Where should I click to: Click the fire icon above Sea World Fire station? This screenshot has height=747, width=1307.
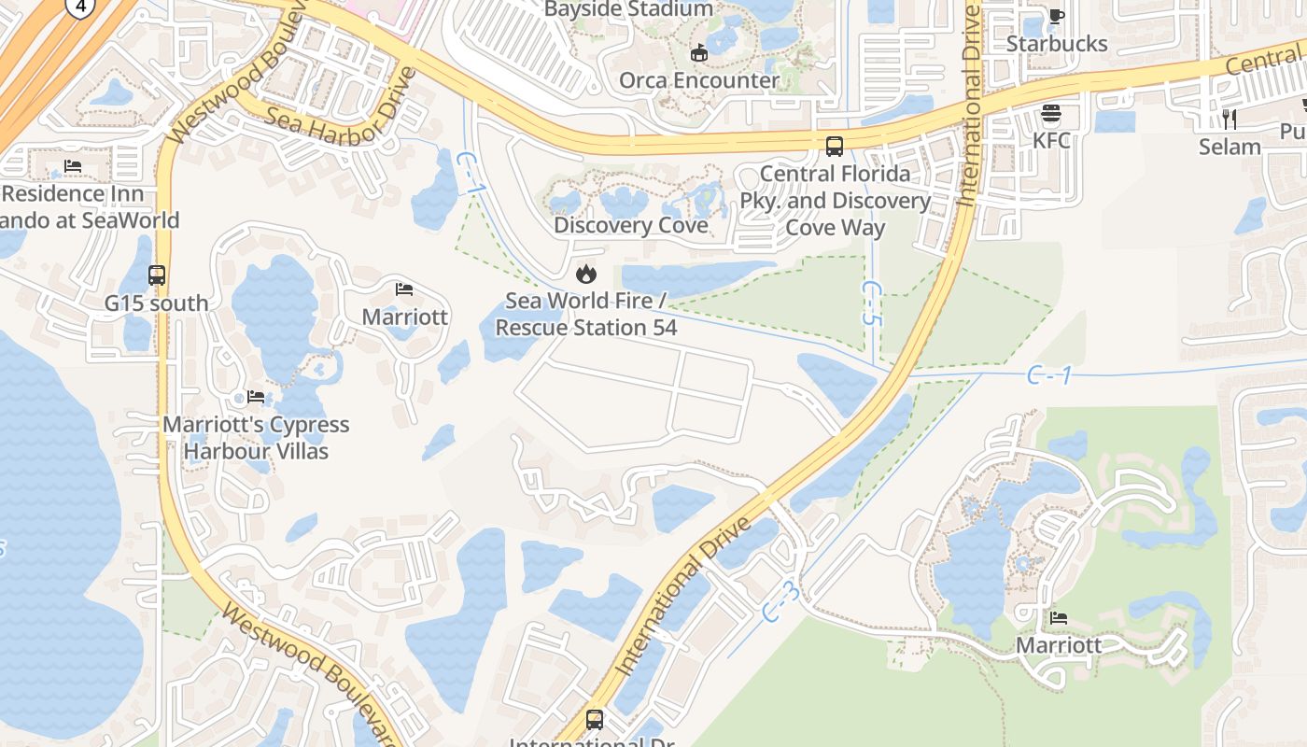click(585, 274)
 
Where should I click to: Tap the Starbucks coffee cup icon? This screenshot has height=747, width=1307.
click(1057, 16)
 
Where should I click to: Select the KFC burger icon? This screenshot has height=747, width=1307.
click(1051, 114)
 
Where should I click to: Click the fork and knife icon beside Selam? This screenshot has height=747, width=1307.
click(1230, 119)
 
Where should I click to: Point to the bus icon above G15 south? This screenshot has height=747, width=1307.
click(157, 275)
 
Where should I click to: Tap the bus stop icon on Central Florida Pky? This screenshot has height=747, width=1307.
click(834, 147)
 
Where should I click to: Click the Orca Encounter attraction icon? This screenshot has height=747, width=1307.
click(698, 52)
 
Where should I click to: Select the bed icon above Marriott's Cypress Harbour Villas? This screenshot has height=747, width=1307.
click(256, 397)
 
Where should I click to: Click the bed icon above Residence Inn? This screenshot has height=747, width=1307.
click(73, 166)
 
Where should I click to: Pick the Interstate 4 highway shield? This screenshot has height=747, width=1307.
click(81, 7)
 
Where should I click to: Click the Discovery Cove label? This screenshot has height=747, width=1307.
click(630, 226)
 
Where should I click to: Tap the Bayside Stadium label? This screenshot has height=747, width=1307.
click(627, 9)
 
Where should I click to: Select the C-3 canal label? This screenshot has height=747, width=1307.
click(780, 602)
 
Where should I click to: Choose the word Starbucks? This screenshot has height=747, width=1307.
click(1057, 44)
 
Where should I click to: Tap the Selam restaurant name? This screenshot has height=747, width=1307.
click(1230, 147)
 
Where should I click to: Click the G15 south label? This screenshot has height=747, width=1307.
click(157, 303)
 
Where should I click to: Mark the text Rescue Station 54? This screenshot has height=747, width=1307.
click(585, 328)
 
